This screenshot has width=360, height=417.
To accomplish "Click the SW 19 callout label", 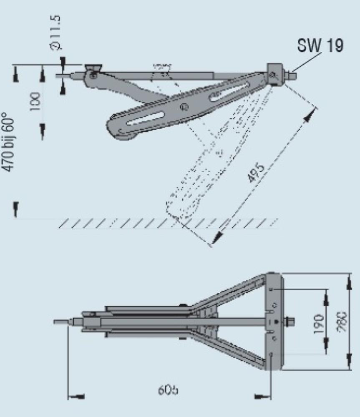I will pyautogui.click(x=320, y=45).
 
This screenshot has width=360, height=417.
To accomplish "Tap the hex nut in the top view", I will pyautogui.click(x=290, y=322).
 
